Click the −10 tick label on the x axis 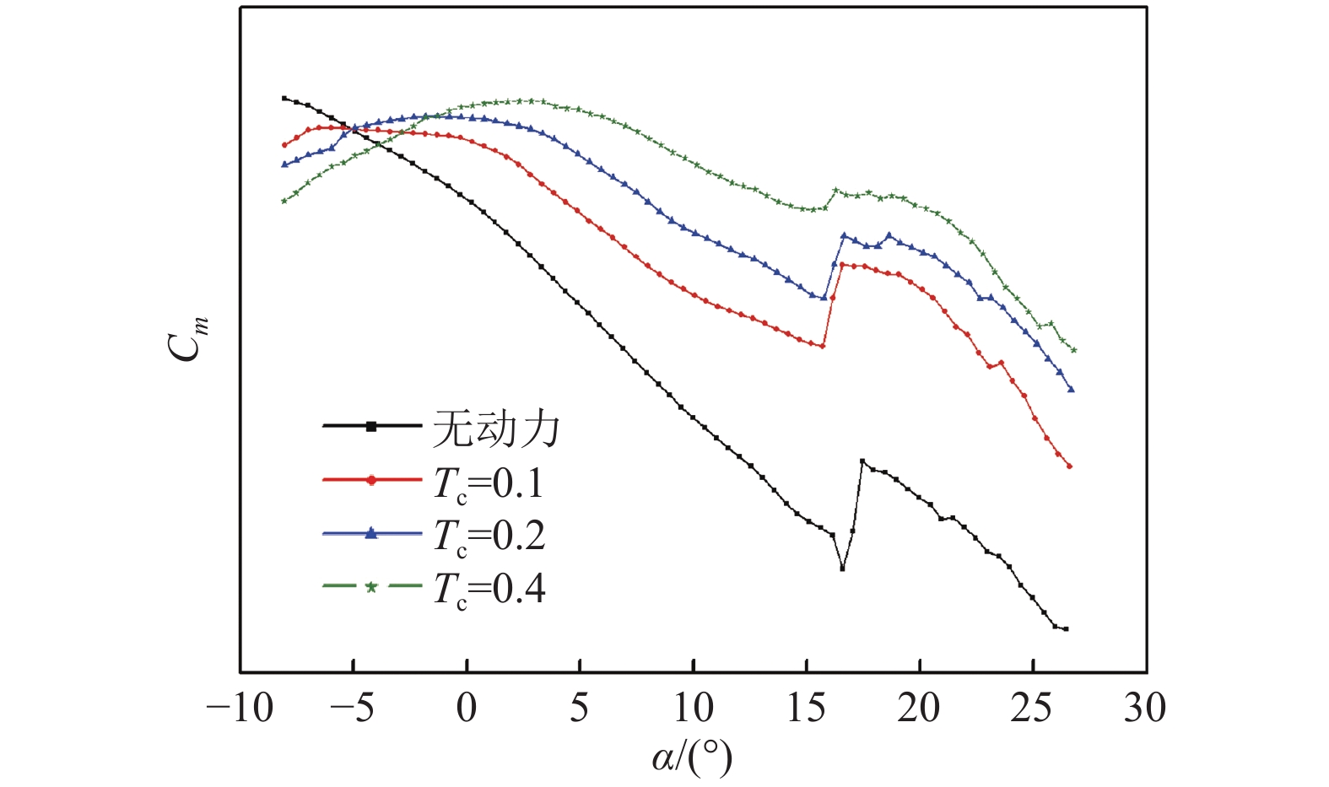tap(240, 709)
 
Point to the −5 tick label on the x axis tap(352, 709)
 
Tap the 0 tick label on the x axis tap(467, 709)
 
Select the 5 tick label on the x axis tap(580, 709)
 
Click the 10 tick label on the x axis tap(693, 709)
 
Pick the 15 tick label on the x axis tap(806, 709)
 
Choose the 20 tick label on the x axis tap(919, 709)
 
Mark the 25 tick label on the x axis tap(1032, 709)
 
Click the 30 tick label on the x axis tap(1145, 709)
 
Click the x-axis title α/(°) tap(692, 757)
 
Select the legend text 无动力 tap(496, 428)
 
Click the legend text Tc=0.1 tap(489, 483)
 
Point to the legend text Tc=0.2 tap(489, 536)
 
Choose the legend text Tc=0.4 tap(489, 589)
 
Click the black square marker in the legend tap(370, 427)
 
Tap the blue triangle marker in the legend tap(370, 533)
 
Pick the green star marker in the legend tap(370, 587)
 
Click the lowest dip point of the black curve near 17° tap(842, 569)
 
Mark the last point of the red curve tap(1069, 466)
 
